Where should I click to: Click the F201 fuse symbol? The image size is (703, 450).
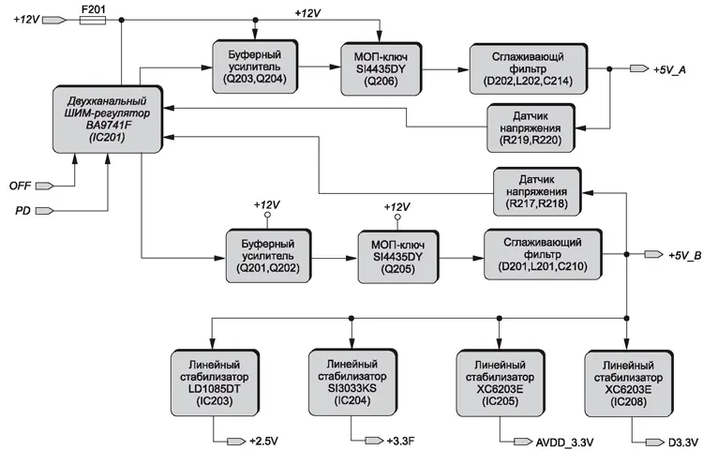pos(92,19)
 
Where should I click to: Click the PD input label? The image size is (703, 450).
pos(22,210)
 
